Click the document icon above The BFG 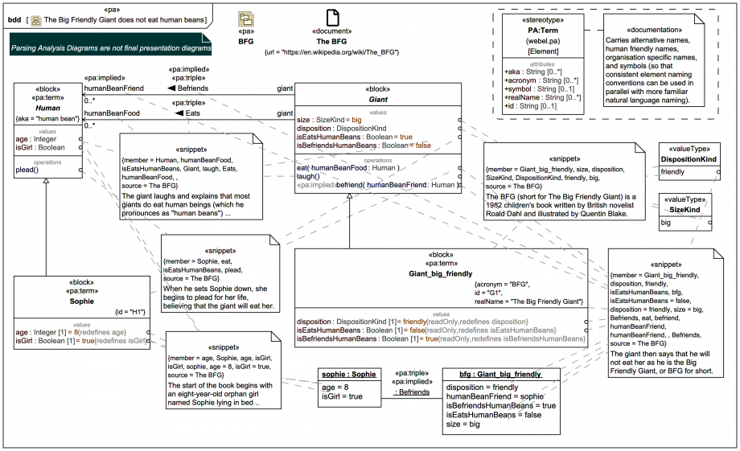pyautogui.click(x=331, y=18)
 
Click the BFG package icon pyautogui.click(x=246, y=20)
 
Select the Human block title pyautogui.click(x=47, y=109)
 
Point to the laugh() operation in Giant pyautogui.click(x=308, y=176)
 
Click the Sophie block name pyautogui.click(x=82, y=301)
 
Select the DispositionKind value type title pyautogui.click(x=689, y=159)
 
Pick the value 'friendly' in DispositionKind pyautogui.click(x=673, y=172)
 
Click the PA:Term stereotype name pyautogui.click(x=543, y=31)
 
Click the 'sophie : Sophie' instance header pyautogui.click(x=348, y=375)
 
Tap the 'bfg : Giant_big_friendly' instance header pyautogui.click(x=491, y=375)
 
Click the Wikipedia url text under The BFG pyautogui.click(x=332, y=52)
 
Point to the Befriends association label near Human pyautogui.click(x=192, y=88)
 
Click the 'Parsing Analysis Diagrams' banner pyautogui.click(x=110, y=48)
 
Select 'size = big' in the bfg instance pyautogui.click(x=464, y=424)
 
